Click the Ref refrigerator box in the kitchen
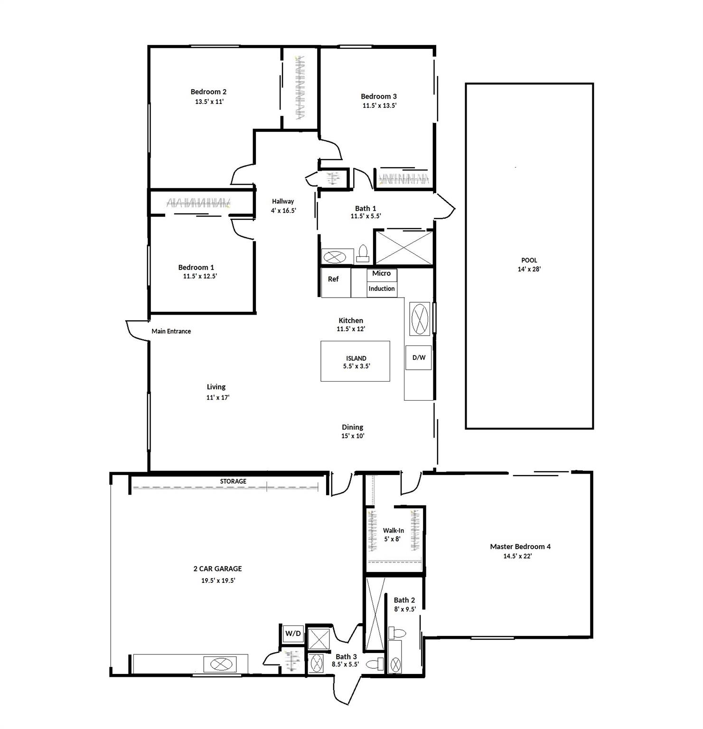pyautogui.click(x=336, y=283)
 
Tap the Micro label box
pyautogui.click(x=382, y=274)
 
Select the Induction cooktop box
pyautogui.click(x=382, y=289)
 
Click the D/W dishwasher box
pyautogui.click(x=419, y=358)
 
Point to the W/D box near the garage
pyautogui.click(x=293, y=634)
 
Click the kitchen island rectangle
pyautogui.click(x=356, y=361)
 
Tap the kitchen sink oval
pyautogui.click(x=419, y=318)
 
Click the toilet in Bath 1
pyautogui.click(x=363, y=254)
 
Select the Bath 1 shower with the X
pyautogui.click(x=404, y=247)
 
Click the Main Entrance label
pyautogui.click(x=171, y=331)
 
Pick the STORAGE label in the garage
pyautogui.click(x=233, y=481)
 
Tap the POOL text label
pyautogui.click(x=529, y=260)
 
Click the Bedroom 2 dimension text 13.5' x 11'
pyautogui.click(x=209, y=102)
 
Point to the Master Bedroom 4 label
pyautogui.click(x=520, y=547)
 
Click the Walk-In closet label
pyautogui.click(x=394, y=531)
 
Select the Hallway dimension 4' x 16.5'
pyautogui.click(x=283, y=210)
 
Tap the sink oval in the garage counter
pyautogui.click(x=220, y=664)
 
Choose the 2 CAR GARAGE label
pyautogui.click(x=217, y=569)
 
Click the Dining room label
pyautogui.click(x=353, y=427)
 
